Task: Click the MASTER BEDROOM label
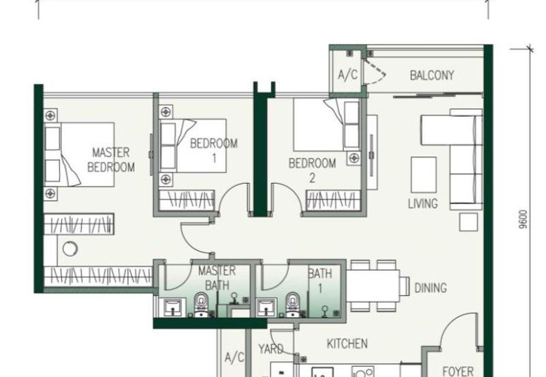(111, 160)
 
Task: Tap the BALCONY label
(432, 75)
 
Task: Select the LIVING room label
(422, 204)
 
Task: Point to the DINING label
(431, 288)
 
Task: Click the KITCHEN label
(347, 344)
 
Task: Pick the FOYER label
(458, 371)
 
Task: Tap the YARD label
(270, 349)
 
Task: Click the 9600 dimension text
(522, 219)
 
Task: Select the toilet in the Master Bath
(201, 305)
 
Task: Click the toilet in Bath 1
(293, 305)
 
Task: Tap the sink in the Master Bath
(172, 307)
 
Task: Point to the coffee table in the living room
(423, 175)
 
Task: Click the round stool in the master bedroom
(70, 249)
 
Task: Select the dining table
(373, 285)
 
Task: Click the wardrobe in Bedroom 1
(186, 200)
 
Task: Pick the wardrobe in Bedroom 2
(333, 200)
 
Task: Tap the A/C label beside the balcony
(347, 74)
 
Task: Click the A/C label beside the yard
(234, 357)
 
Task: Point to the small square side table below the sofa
(468, 222)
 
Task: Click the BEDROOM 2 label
(313, 170)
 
